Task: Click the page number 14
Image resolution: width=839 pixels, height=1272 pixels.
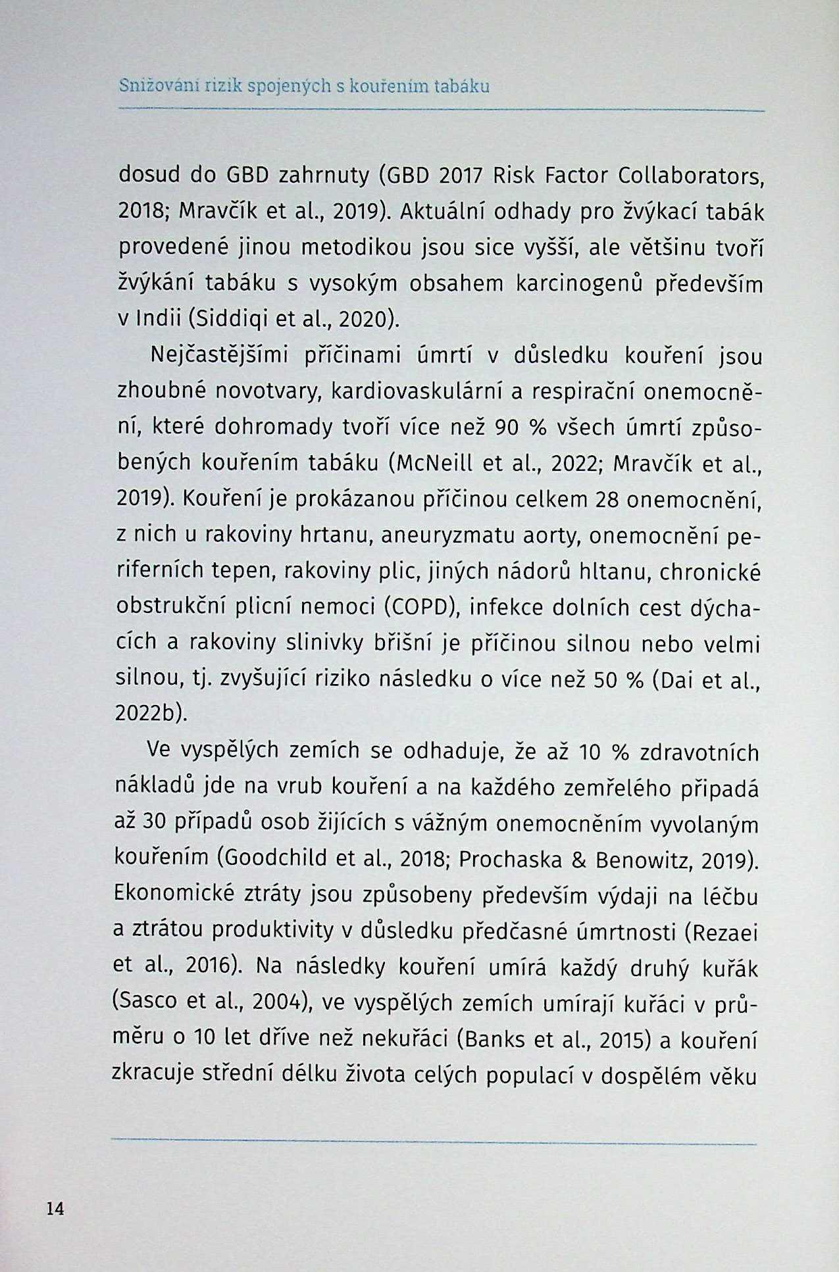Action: tap(55, 1208)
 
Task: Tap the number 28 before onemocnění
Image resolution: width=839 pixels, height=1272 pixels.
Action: tap(607, 499)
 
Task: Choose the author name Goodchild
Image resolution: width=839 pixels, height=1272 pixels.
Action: tap(276, 858)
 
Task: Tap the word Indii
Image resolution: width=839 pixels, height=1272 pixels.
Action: tap(159, 320)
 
